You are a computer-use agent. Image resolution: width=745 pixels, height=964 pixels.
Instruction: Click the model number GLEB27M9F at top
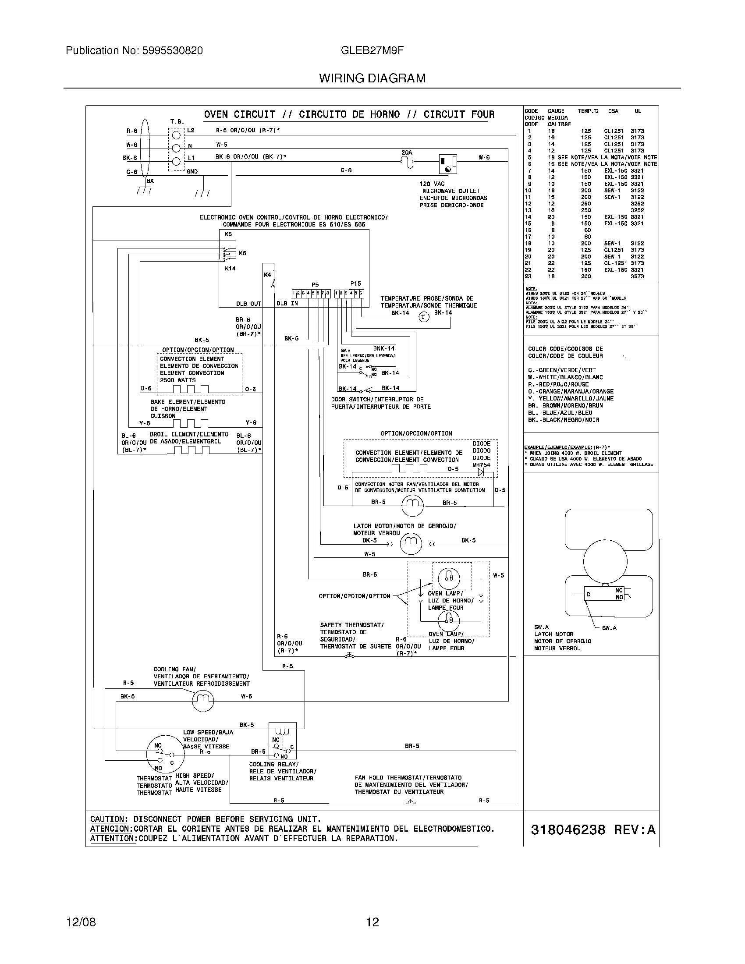(x=372, y=50)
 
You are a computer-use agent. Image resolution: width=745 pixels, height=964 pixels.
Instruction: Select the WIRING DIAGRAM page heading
(x=372, y=78)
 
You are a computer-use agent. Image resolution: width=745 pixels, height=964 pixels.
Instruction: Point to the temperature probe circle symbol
(x=423, y=316)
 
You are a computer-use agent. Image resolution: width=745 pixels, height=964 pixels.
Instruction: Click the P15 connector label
(x=355, y=284)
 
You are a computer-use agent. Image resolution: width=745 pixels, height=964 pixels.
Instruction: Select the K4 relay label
(x=267, y=275)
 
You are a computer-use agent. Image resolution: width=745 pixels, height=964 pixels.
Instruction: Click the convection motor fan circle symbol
(x=412, y=505)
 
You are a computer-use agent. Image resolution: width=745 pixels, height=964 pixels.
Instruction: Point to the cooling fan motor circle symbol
(x=202, y=700)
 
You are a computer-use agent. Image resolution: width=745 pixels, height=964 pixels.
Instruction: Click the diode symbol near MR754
(x=481, y=472)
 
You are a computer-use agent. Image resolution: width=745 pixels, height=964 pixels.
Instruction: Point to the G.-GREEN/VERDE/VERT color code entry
(x=561, y=370)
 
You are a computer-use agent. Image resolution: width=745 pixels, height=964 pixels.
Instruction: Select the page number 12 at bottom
(x=372, y=922)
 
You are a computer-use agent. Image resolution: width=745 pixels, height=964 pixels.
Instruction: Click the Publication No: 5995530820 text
(x=134, y=50)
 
